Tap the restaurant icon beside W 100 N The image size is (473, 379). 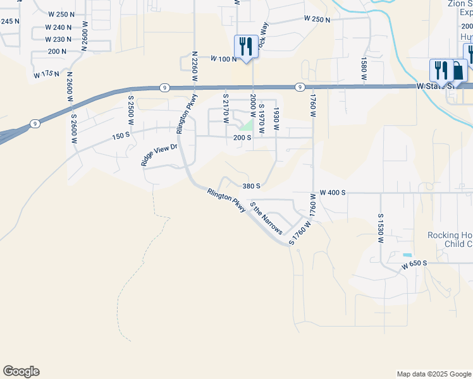pyautogui.click(x=245, y=46)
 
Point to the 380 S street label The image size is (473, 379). pyautogui.click(x=251, y=186)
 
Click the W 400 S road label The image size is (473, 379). pyautogui.click(x=333, y=191)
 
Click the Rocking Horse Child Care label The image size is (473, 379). pyautogui.click(x=450, y=239)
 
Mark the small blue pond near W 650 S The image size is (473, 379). pyautogui.click(x=407, y=255)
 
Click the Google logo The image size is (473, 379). pyautogui.click(x=21, y=371)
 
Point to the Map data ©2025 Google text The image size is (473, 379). pyautogui.click(x=434, y=374)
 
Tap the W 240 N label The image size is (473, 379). pyautogui.click(x=59, y=27)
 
